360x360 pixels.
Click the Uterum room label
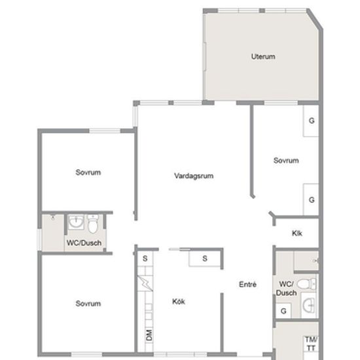[x=263, y=56]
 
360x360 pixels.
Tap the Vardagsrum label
[x=194, y=176]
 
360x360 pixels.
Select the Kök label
[x=179, y=301]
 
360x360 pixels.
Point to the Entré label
[x=247, y=285]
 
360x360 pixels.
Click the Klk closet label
[x=297, y=233]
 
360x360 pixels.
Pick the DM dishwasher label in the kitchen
[x=149, y=335]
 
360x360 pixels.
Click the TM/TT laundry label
[x=311, y=344]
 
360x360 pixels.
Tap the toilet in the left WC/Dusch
[x=93, y=224]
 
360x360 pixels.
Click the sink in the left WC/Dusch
[x=76, y=222]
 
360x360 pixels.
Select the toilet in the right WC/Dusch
[x=306, y=284]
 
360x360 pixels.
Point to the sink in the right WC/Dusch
[x=308, y=305]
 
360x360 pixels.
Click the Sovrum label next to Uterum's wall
[x=286, y=160]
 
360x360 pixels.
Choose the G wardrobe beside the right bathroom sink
[x=283, y=311]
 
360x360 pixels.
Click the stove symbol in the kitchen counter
[x=145, y=283]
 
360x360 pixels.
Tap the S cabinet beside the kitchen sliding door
[x=205, y=259]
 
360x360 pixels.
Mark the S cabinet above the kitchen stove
[x=145, y=259]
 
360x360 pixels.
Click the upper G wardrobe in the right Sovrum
[x=311, y=121]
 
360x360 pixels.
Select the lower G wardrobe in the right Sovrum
[x=311, y=200]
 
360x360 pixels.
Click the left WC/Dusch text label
[x=84, y=243]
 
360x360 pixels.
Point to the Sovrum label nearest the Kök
[x=88, y=304]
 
